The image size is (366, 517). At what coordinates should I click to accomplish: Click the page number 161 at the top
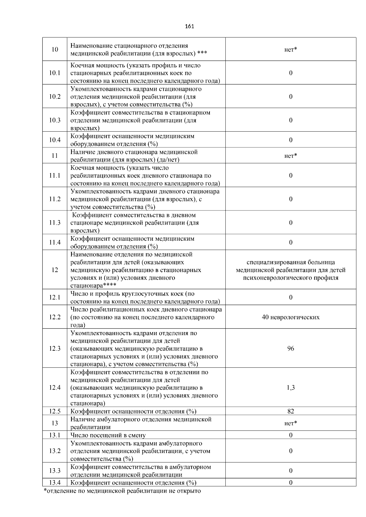[189, 26]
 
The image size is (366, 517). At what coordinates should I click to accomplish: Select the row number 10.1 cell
[55, 73]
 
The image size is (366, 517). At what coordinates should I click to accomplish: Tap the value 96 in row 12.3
[290, 348]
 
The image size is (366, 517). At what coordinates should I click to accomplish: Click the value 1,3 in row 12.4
[290, 388]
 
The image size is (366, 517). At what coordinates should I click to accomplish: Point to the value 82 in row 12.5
[290, 411]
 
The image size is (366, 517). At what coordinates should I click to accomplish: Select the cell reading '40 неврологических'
[290, 317]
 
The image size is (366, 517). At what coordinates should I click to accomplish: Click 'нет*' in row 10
[290, 50]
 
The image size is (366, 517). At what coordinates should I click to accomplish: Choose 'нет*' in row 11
[290, 156]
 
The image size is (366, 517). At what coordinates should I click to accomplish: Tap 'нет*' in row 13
[290, 423]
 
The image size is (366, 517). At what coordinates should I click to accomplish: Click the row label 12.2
[55, 317]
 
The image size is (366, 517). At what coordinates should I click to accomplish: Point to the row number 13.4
[55, 483]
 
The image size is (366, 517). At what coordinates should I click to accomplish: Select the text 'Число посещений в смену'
[108, 435]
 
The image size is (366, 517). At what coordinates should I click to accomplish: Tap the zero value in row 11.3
[290, 223]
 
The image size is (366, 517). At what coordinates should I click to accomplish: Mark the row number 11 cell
[55, 156]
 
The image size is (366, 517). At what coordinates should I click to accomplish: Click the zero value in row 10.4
[290, 140]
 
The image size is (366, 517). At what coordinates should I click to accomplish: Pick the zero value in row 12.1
[290, 297]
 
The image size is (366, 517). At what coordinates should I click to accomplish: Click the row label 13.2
[55, 451]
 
